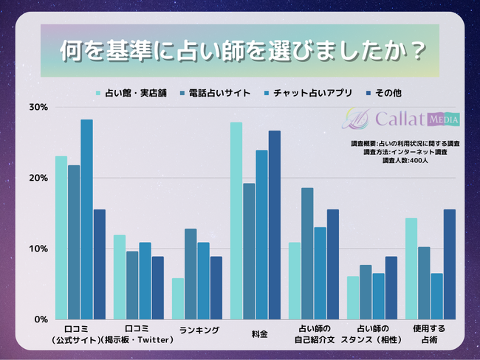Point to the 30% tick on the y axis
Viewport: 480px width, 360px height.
click(x=38, y=108)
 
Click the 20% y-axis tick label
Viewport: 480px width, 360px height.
click(x=38, y=179)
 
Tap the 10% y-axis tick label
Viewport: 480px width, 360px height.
click(x=38, y=249)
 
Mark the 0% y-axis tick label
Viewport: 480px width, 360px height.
click(x=41, y=319)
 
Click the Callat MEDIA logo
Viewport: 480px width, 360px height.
click(x=402, y=119)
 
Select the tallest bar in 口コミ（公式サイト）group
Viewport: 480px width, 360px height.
click(x=86, y=219)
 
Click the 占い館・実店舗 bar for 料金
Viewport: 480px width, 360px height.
click(x=236, y=221)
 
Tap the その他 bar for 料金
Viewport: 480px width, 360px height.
click(x=275, y=225)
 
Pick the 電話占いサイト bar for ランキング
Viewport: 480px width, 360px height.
click(x=191, y=274)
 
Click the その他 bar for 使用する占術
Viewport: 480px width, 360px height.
click(x=450, y=264)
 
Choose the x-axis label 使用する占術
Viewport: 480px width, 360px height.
click(x=431, y=333)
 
